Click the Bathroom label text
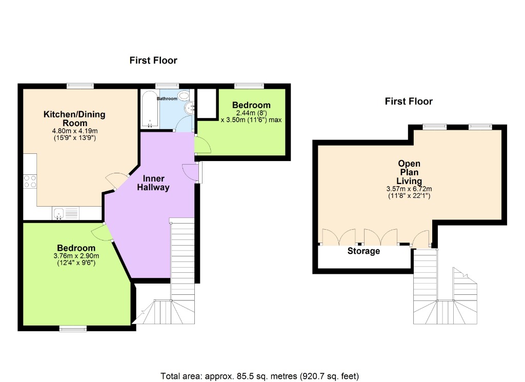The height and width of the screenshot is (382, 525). coord(167,98)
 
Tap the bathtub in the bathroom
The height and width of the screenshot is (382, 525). coord(149,109)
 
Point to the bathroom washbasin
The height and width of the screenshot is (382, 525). coord(190,108)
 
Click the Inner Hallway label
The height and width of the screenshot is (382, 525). coord(154,183)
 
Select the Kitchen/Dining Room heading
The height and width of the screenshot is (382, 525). coord(74,118)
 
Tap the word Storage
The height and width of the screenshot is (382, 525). coord(364,251)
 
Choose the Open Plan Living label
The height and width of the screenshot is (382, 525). coord(409,172)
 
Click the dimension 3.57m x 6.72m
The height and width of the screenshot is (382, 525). coord(409,189)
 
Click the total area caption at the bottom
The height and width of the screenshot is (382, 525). coord(260,376)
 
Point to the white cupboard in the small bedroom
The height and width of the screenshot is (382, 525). coord(207,103)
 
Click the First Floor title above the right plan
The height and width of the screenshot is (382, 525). coord(409,102)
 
